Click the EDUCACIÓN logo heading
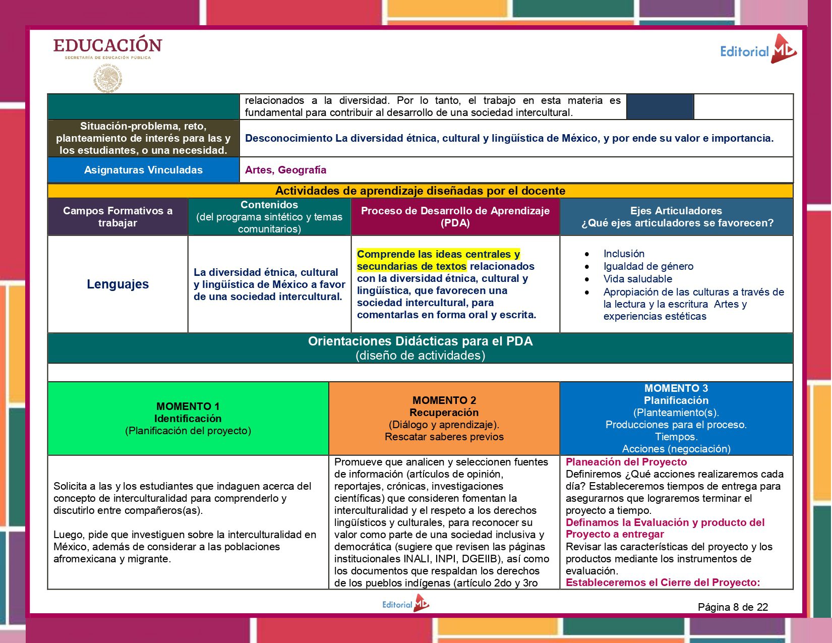107,45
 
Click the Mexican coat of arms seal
107,79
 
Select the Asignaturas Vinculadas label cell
143,170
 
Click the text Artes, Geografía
285,170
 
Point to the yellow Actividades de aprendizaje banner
420,191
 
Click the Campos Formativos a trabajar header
117,217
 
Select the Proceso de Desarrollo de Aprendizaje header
455,217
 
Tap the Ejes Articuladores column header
676,217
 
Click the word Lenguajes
117,284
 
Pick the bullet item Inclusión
624,254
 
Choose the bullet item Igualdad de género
648,266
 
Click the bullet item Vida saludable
637,279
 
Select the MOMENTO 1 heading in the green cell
188,406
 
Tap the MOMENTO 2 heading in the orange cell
444,400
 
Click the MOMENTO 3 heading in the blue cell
676,388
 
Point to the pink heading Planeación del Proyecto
626,462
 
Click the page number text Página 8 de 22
733,607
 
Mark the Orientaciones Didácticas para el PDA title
420,341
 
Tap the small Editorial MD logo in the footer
405,604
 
